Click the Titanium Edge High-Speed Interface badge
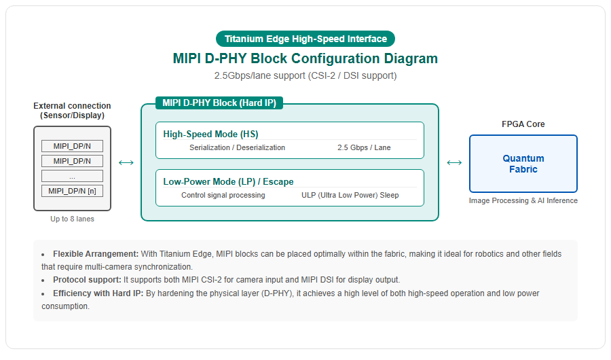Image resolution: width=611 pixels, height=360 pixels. [305, 39]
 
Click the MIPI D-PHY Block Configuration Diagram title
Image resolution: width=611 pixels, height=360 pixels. [305, 58]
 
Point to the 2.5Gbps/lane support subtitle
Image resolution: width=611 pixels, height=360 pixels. [305, 75]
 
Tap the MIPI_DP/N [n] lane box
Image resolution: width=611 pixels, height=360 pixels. [72, 191]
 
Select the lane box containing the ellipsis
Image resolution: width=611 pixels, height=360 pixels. [72, 176]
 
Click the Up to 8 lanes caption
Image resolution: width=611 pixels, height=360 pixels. [72, 219]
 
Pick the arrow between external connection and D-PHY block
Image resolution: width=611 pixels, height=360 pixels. [126, 162]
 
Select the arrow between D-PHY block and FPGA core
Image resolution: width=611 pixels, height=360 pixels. [454, 162]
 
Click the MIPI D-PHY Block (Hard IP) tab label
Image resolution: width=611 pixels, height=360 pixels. [219, 103]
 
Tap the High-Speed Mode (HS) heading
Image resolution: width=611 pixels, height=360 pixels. [210, 134]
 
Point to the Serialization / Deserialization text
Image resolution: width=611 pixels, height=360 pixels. [238, 147]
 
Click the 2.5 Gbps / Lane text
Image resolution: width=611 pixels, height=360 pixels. [364, 147]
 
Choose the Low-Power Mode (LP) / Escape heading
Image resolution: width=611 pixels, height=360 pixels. [228, 182]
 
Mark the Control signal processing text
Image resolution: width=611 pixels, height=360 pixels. [223, 195]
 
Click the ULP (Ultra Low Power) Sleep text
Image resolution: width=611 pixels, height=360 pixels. [350, 195]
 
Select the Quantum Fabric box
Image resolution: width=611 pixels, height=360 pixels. [523, 164]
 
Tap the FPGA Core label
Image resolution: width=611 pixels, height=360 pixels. [523, 124]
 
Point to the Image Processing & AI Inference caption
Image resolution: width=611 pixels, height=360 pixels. [523, 200]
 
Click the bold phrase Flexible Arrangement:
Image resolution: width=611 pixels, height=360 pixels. [96, 254]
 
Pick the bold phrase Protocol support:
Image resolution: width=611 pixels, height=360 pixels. [88, 280]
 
